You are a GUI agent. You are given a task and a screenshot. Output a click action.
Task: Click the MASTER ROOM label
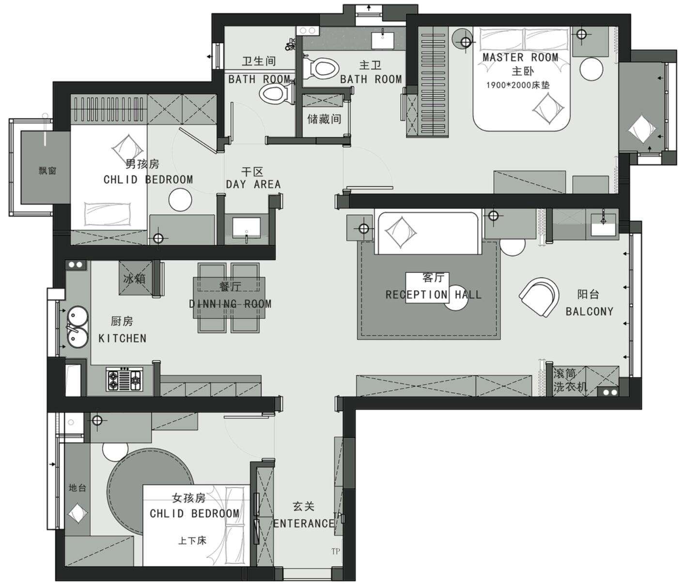(520, 57)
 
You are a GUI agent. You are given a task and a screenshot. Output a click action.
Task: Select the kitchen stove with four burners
(124, 379)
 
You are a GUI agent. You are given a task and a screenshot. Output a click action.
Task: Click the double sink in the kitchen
(77, 327)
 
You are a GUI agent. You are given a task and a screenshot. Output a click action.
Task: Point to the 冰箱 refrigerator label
(134, 279)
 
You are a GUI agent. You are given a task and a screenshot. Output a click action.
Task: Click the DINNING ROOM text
(230, 304)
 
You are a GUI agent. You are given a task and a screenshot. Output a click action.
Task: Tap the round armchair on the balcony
(539, 297)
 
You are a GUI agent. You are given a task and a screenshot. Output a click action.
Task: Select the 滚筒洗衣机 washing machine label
(570, 380)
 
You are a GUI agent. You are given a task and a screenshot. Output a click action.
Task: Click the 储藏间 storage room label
(324, 119)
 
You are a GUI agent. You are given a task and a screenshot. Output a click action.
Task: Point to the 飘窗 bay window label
(47, 170)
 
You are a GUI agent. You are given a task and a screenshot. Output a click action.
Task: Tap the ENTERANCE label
(304, 524)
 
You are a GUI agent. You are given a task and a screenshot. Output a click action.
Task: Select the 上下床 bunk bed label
(192, 540)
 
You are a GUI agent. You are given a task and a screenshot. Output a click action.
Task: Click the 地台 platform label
(77, 488)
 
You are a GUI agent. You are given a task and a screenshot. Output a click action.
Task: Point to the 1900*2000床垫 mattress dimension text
(518, 85)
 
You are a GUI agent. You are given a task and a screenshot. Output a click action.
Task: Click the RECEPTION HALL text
(433, 294)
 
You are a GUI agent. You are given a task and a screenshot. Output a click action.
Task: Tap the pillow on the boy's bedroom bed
(108, 214)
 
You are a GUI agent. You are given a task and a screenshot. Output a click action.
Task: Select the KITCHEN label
(122, 338)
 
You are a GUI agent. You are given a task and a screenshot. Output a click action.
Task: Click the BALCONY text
(589, 311)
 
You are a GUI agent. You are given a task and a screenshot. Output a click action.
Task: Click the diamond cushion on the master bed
(548, 109)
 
